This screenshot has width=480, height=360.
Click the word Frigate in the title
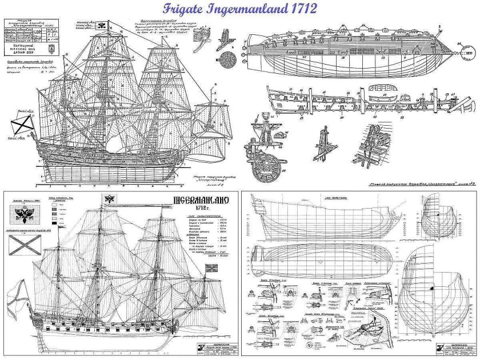(x=184, y=10)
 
